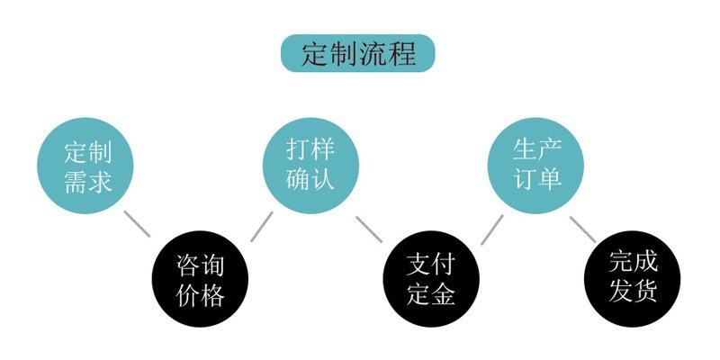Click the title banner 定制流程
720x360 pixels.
pos(358,53)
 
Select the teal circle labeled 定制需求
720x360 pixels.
pos(87,166)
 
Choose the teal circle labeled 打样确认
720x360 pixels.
pos(310,166)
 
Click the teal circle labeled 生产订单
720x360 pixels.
pos(537,166)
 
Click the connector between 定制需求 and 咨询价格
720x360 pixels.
pos(137,224)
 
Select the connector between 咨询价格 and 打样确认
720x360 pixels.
pos(261,226)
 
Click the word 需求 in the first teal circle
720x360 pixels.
pos(87,180)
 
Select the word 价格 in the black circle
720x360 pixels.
pos(200,294)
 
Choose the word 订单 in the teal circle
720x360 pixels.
pos(537,180)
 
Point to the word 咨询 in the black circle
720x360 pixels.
pos(200,265)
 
